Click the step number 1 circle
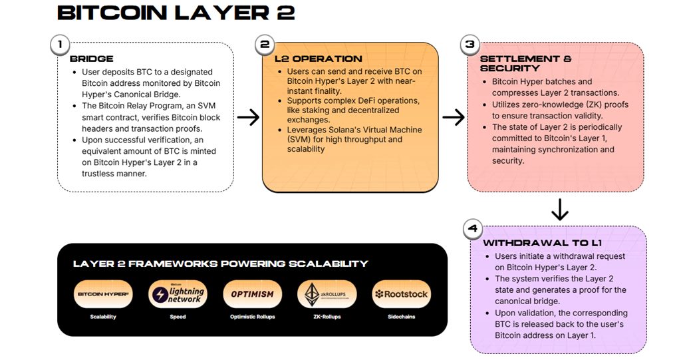61,45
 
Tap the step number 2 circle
265,45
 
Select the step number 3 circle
470,45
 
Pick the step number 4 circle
473,229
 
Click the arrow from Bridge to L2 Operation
248,118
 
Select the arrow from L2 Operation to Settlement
454,118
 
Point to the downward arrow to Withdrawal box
560,210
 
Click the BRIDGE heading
92,59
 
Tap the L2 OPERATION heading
319,59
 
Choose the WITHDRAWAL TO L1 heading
542,243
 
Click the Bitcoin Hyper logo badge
103,293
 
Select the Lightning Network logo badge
178,293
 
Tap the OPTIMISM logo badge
252,293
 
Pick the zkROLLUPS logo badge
327,293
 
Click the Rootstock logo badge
401,293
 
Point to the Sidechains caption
401,317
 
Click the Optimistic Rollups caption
252,317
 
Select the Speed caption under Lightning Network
178,317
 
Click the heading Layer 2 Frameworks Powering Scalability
220,264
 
